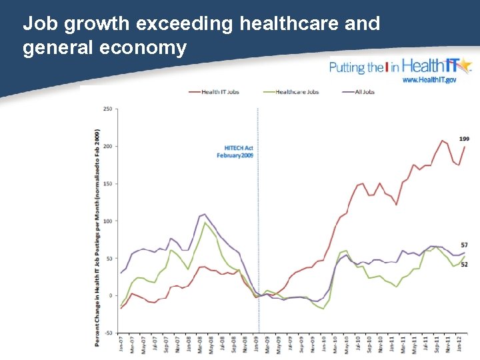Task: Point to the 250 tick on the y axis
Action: [x=107, y=109]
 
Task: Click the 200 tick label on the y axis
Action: [x=107, y=146]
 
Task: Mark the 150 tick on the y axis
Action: [x=107, y=183]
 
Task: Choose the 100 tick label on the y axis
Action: [x=107, y=221]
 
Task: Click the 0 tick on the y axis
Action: [x=111, y=295]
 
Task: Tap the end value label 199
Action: [x=464, y=139]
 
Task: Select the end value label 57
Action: [x=464, y=245]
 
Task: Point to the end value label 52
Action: [x=464, y=264]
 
